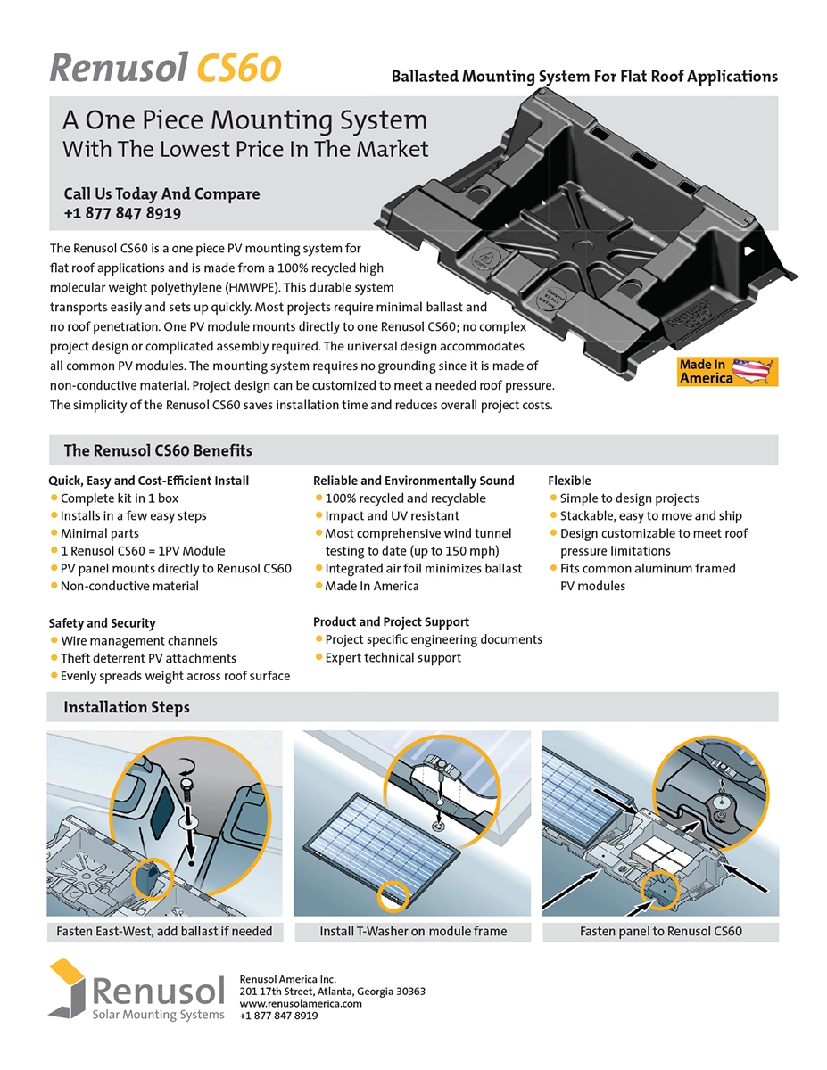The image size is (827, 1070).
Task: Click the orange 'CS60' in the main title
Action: pos(239,68)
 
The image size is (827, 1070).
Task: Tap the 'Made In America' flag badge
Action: pos(728,372)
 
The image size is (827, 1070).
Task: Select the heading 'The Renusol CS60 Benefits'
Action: pos(158,450)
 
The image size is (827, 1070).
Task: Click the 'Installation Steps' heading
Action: pos(127,707)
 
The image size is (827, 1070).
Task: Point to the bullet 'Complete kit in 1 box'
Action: pos(120,498)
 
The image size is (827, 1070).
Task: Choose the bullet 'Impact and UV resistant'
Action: pos(392,515)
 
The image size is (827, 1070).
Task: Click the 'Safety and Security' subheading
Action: pos(102,623)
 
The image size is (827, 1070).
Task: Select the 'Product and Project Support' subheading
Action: pos(391,621)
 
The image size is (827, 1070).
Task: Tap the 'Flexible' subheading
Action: pos(569,481)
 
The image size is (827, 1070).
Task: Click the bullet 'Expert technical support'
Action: pos(393,657)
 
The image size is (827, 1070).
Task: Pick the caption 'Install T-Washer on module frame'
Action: pos(413,932)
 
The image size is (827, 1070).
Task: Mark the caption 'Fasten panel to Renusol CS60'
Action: pos(660,932)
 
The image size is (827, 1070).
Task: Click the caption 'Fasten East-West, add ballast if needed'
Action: pos(164,932)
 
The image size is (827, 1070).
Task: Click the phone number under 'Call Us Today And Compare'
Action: pos(122,214)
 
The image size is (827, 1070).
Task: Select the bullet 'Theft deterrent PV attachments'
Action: pos(148,658)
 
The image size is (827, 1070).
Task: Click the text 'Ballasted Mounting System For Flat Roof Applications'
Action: pos(584,77)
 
